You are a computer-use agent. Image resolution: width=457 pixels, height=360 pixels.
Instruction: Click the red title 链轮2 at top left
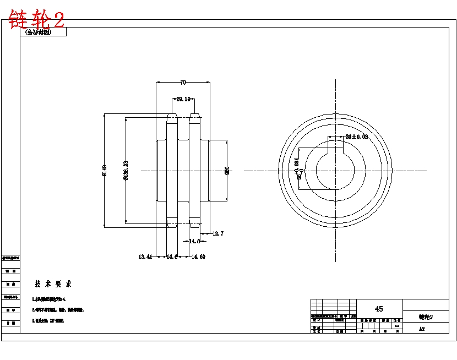point(36,20)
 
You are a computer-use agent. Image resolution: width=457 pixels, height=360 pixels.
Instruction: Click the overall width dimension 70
point(183,83)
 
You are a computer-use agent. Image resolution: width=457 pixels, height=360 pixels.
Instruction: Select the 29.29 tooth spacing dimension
point(183,99)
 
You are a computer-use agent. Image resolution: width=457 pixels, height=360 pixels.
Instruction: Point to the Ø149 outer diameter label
point(104,171)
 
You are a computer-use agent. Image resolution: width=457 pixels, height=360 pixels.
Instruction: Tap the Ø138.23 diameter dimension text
point(126,171)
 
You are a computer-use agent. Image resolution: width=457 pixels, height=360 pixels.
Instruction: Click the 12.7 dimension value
point(217,233)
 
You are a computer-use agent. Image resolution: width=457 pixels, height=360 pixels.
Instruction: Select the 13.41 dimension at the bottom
point(145,257)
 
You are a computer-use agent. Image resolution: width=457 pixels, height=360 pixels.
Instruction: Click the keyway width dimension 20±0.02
point(356,137)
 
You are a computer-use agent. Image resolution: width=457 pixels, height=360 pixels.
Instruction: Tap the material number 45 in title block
point(379,309)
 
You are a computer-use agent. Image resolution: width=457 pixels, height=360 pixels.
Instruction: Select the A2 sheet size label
point(422,329)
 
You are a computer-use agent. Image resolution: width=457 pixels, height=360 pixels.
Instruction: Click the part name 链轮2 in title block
point(426,317)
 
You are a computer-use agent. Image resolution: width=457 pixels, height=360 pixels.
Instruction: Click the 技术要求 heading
point(53,284)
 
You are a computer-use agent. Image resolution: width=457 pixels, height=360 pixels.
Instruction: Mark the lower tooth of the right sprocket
point(194,223)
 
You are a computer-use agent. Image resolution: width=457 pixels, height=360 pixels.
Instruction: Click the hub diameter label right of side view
point(227,171)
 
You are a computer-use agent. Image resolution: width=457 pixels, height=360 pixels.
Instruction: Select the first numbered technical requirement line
point(49,299)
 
